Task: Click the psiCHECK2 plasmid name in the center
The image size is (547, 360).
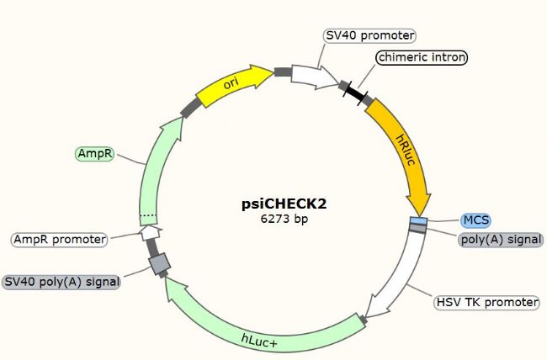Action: [284, 204]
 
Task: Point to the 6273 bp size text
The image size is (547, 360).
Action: [284, 219]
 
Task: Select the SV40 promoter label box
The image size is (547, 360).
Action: [370, 35]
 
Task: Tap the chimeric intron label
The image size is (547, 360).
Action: [422, 57]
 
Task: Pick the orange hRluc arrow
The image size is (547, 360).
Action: [405, 153]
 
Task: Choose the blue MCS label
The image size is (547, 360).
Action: [475, 220]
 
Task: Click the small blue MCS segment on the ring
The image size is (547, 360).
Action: [418, 221]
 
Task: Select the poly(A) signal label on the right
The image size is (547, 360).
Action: [501, 240]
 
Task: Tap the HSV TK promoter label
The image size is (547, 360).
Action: [487, 302]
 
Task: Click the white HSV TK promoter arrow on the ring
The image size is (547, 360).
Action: [398, 276]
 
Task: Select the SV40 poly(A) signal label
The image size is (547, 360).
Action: [61, 282]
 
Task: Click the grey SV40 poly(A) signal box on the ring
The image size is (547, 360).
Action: [159, 263]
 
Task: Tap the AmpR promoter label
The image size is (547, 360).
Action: [60, 240]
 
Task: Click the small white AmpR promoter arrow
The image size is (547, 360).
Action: [151, 232]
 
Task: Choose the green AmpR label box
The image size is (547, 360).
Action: [95, 154]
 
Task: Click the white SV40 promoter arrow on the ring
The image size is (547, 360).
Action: [314, 77]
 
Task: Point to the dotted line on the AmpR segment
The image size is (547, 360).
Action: [148, 215]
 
